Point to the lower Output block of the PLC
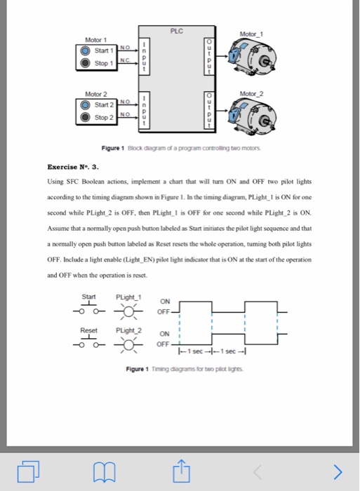click(x=208, y=111)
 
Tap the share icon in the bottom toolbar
click(x=180, y=469)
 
